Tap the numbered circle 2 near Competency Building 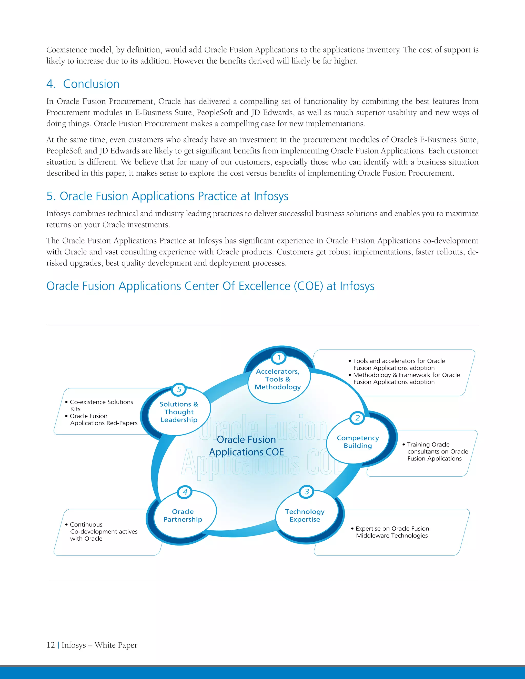[357, 418]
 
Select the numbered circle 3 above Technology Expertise [307, 491]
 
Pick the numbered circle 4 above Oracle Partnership [185, 492]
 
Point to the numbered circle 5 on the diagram [179, 389]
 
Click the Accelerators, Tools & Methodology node [278, 379]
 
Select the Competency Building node [358, 442]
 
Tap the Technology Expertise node [305, 516]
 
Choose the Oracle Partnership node [183, 516]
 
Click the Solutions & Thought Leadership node [179, 412]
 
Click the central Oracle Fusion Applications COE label [246, 446]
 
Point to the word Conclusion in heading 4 [91, 84]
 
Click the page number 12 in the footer [51, 645]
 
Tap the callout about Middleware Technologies [392, 532]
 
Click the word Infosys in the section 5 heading [271, 196]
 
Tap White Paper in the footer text [116, 645]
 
